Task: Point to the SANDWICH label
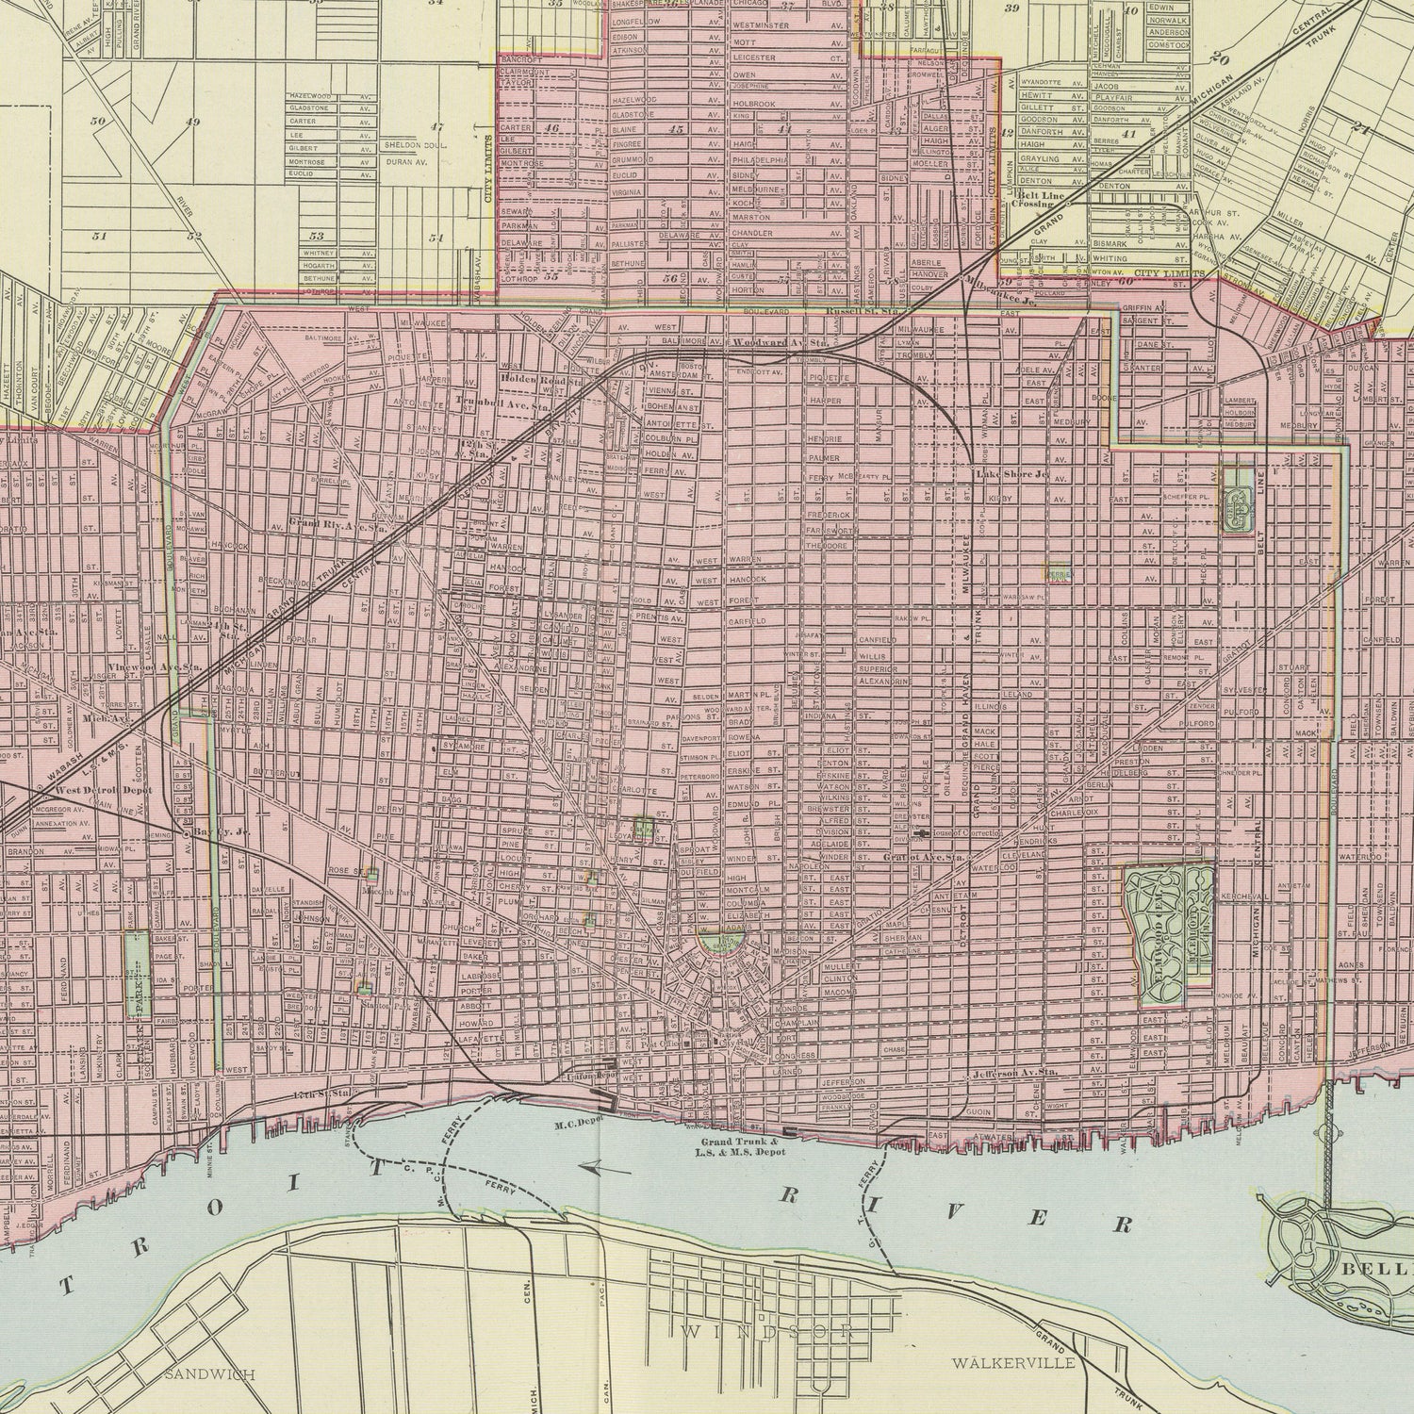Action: [209, 1374]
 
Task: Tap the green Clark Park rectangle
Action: [137, 975]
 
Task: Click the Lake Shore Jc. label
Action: [1011, 474]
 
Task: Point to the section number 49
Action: [193, 123]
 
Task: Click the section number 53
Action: [317, 236]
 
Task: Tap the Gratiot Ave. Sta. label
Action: [923, 858]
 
